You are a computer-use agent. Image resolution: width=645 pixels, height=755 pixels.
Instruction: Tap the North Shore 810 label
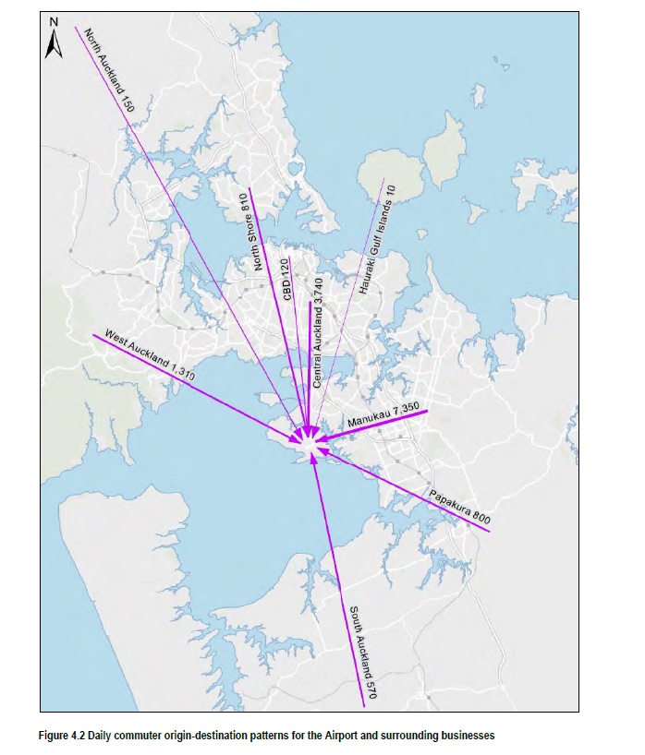[x=248, y=232]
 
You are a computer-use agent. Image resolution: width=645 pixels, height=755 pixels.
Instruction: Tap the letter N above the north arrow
[x=54, y=20]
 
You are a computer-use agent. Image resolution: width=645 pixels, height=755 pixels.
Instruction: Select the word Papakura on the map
[x=448, y=499]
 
